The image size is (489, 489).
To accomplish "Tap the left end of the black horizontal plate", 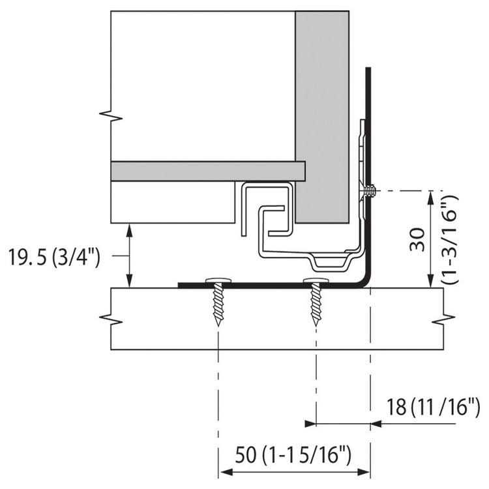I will [x=181, y=285].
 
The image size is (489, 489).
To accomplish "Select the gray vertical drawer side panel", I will [x=321, y=117].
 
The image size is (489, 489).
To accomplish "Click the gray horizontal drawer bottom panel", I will [x=209, y=171].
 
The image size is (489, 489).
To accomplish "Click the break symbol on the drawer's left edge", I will [x=107, y=115].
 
